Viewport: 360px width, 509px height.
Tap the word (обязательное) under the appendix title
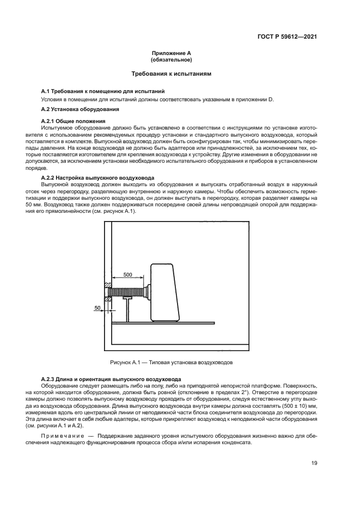pyautogui.click(x=171, y=60)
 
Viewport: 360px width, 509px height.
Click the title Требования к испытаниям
pyautogui.click(x=171, y=73)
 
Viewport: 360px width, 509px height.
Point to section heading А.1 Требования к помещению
pyautogui.click(x=103, y=91)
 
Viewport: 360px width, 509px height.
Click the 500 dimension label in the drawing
pyautogui.click(x=127, y=274)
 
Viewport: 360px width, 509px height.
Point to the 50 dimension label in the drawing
pyautogui.click(x=98, y=308)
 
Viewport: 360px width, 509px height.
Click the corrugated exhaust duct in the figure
pyautogui.click(x=127, y=291)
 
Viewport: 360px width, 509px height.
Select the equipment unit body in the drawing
pyautogui.click(x=165, y=292)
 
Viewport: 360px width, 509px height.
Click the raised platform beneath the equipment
pyautogui.click(x=163, y=323)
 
